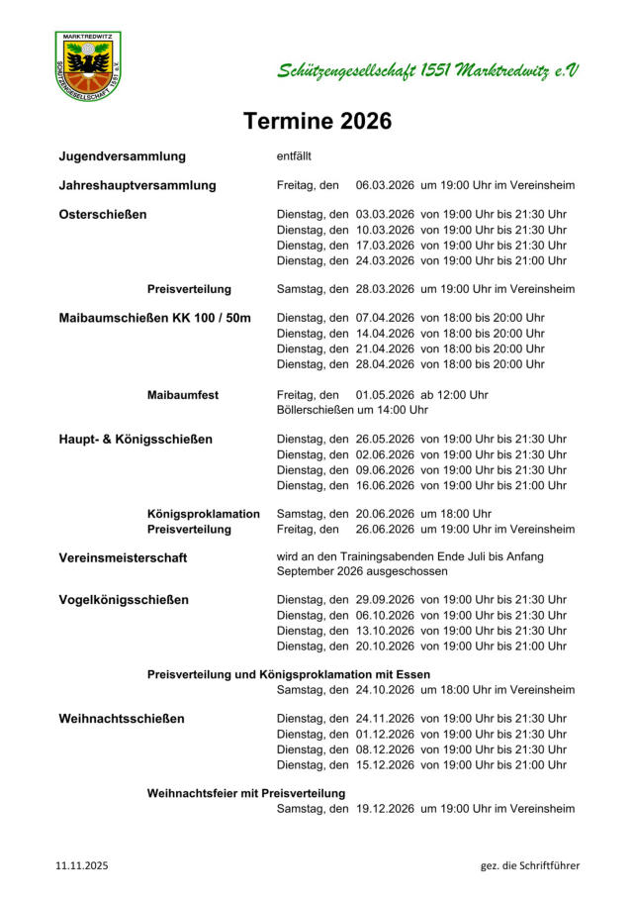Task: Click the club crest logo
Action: point(88,66)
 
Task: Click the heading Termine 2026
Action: point(317,122)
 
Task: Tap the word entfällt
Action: point(294,156)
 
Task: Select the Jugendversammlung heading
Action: point(123,156)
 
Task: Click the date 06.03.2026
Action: point(385,185)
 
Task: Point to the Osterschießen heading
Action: point(103,214)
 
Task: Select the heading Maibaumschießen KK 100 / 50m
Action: point(155,318)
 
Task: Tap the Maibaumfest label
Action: point(183,395)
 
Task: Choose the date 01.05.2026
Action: point(385,395)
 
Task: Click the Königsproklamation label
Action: point(204,514)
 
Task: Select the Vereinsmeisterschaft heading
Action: point(123,557)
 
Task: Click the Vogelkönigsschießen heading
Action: point(124,599)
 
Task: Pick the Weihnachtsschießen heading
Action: point(122,719)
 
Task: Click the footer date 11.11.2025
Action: point(82,865)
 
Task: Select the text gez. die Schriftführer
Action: point(530,865)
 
